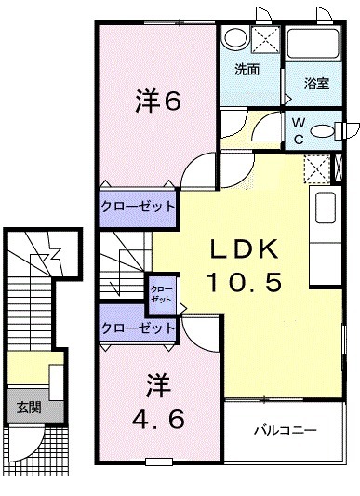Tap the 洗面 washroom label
pos(247,69)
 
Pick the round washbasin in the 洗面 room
pos(234,38)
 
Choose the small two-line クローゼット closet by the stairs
pos(161,294)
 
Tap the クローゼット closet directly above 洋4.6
pos(138,328)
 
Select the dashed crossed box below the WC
pos(317,169)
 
